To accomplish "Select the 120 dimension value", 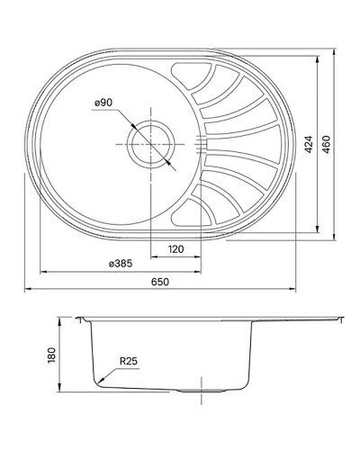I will (175, 248).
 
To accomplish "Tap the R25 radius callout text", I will (129, 364).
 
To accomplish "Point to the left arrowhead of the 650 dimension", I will (25, 289).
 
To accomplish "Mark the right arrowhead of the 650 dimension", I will (295, 289).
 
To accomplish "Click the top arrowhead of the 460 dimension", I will (335, 51).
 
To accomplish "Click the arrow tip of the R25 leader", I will (100, 382).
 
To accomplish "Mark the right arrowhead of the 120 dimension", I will (200, 256).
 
